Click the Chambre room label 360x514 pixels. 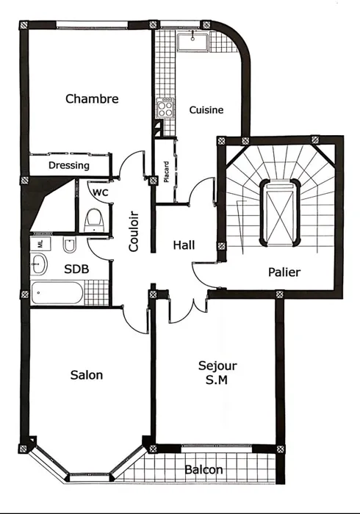tap(92, 98)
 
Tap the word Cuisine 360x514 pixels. tap(206, 110)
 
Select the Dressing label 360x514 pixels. tap(69, 165)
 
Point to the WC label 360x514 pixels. tap(101, 192)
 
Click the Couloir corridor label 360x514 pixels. tap(134, 231)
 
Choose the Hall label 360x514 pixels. tap(184, 245)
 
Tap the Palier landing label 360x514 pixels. tap(284, 272)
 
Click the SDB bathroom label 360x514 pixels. tap(76, 269)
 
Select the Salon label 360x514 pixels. tap(87, 374)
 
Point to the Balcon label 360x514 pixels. tap(204, 470)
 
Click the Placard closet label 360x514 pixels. tap(167, 172)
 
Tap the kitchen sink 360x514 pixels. tap(192, 43)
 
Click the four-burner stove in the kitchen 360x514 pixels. tap(165, 107)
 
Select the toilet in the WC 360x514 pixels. tap(94, 221)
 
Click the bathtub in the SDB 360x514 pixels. tap(57, 293)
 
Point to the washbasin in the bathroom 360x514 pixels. tap(40, 264)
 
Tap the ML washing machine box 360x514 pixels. tap(40, 244)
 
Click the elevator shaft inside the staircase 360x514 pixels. tap(280, 212)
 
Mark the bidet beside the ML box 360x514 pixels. tap(70, 245)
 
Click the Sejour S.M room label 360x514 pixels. tap(217, 372)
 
